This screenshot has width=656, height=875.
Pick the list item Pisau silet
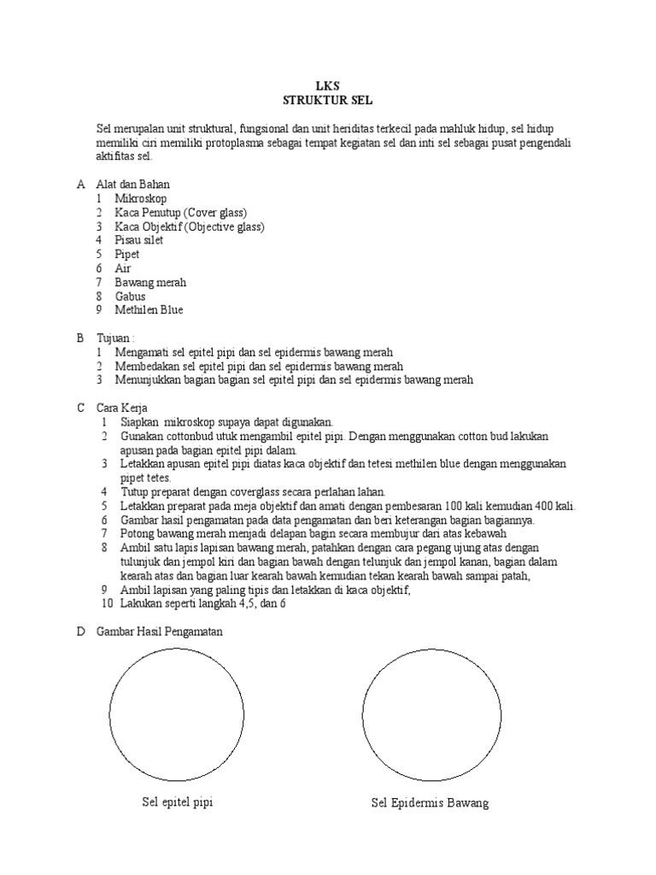pos(139,240)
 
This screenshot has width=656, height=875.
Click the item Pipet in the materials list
pos(127,254)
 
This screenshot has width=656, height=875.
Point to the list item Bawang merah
pos(150,282)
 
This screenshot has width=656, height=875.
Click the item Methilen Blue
pos(149,309)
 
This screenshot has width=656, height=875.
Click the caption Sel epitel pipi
pos(177,803)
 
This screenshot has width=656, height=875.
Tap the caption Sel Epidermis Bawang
pos(430,804)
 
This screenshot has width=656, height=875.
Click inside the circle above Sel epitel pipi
pos(177,715)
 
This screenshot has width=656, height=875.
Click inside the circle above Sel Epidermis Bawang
pos(429,715)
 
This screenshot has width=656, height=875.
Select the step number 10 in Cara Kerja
pos(106,603)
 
